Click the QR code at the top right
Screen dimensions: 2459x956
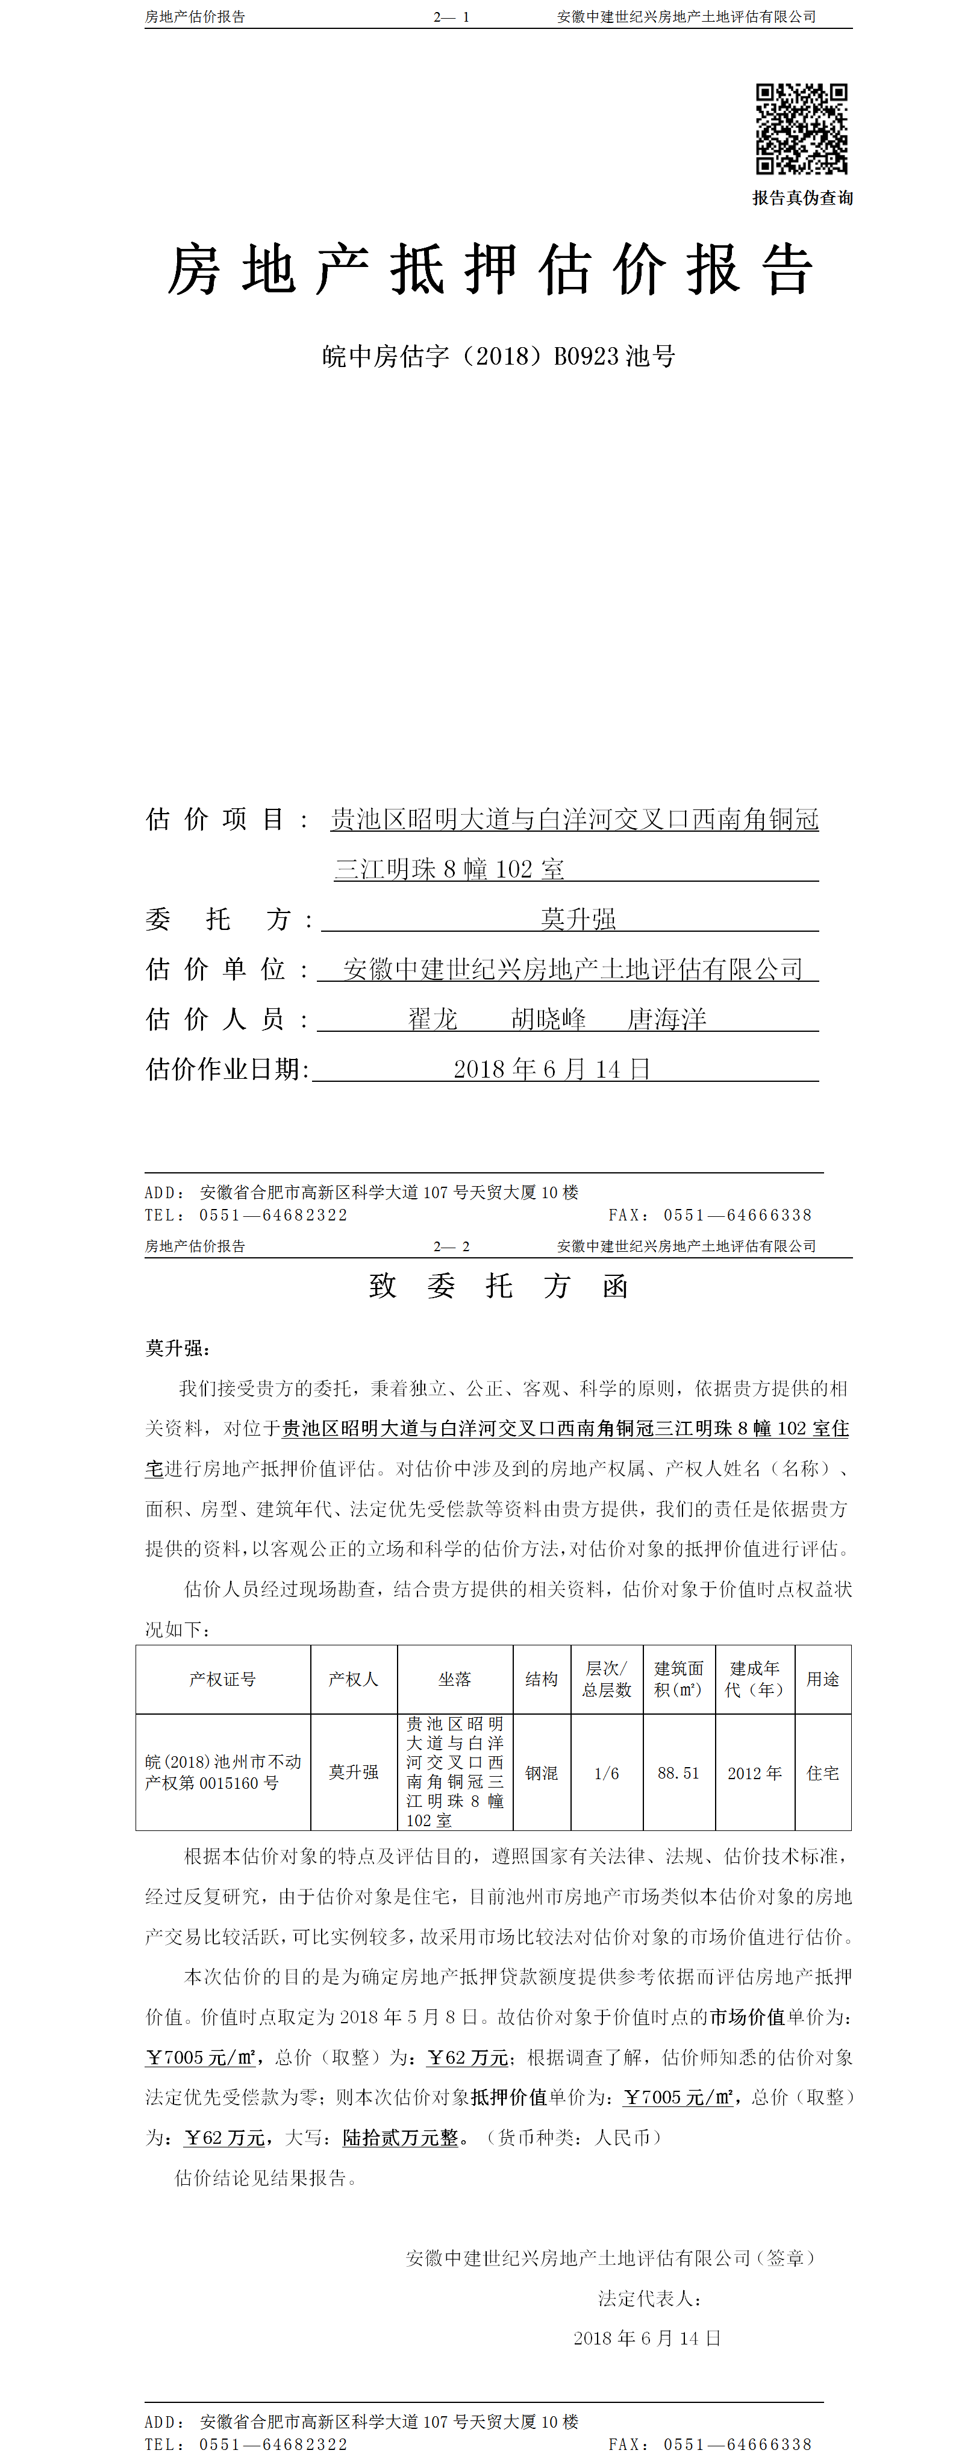(801, 129)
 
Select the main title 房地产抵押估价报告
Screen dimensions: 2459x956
(490, 269)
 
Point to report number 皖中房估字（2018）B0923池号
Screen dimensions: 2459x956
(498, 357)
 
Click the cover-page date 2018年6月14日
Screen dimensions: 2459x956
(551, 1069)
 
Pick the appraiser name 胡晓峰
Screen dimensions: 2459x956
(549, 1020)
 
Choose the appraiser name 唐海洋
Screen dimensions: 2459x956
(666, 1020)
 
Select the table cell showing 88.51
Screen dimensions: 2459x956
(678, 1773)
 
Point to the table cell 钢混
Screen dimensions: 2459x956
(541, 1773)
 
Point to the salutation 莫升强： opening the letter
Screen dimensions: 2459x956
(178, 1348)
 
